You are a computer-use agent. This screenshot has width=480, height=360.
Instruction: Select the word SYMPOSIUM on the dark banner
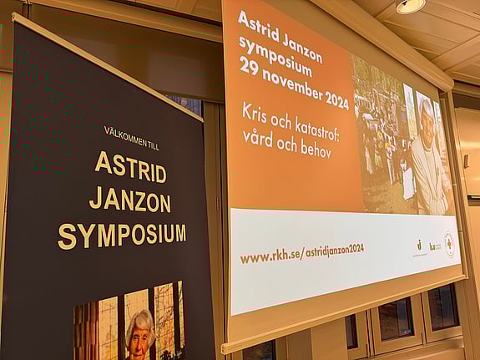click(122, 235)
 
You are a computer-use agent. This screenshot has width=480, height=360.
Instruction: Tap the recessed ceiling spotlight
click(410, 6)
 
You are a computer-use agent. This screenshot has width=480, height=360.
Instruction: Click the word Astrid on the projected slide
click(255, 23)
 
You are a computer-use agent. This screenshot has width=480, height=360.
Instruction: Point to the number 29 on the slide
click(248, 66)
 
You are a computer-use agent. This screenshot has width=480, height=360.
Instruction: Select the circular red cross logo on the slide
click(449, 244)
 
